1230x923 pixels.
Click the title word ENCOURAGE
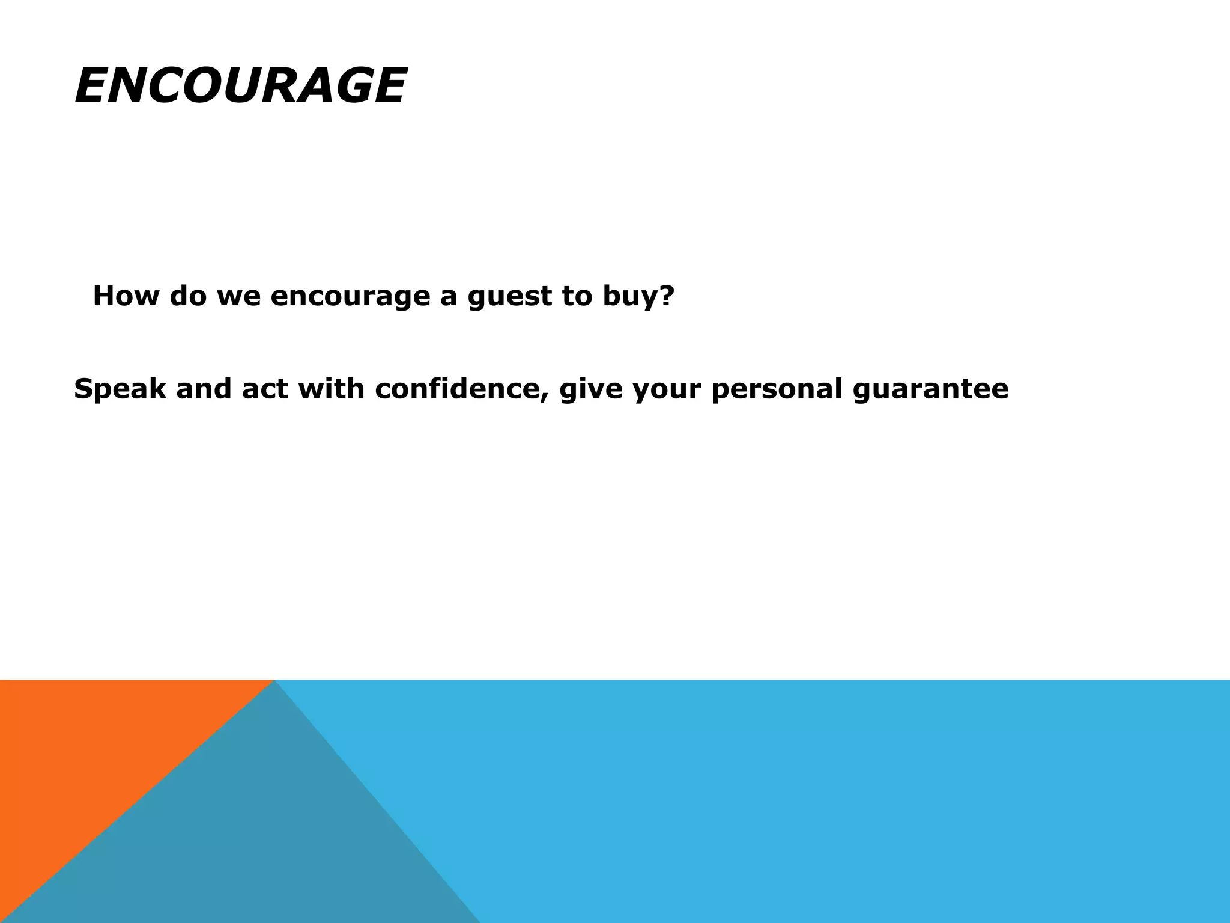coord(240,86)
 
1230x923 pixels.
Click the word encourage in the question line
coord(350,297)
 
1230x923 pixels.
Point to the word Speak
coord(120,389)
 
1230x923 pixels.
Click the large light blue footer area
coord(841,799)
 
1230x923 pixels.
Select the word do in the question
coord(188,296)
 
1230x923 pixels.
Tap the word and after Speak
coord(204,389)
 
